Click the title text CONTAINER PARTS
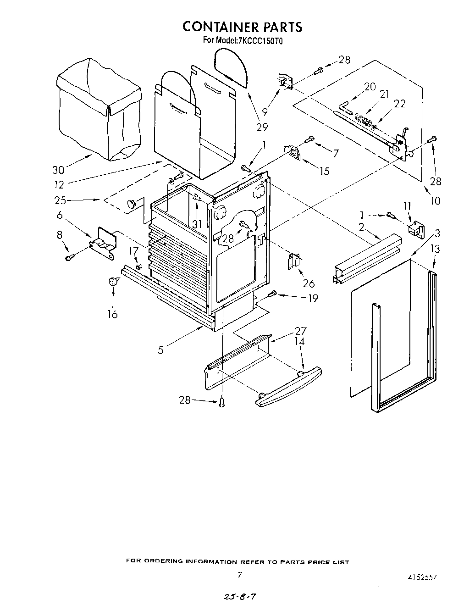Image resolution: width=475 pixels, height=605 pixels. point(242,27)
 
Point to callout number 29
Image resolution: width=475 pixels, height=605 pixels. point(262,127)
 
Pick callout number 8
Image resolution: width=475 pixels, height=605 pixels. point(59,235)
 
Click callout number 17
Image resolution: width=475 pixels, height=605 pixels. point(133,250)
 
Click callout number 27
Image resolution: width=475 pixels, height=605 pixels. point(300,331)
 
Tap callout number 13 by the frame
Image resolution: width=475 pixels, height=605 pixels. point(435,249)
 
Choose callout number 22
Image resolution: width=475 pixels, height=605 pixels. point(399,104)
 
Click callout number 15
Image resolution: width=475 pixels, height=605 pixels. point(324,171)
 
